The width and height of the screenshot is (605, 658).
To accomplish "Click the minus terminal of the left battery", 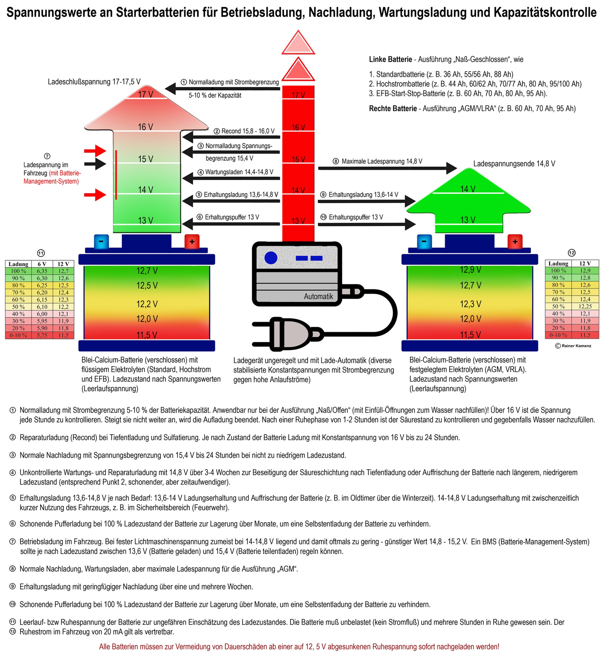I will pos(101,242).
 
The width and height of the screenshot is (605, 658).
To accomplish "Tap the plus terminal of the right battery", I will pos(515,242).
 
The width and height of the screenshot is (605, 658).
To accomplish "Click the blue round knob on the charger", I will pos(271,258).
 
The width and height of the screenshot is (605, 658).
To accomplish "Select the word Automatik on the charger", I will pos(318,296).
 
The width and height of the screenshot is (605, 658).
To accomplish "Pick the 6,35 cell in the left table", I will pos(42,271).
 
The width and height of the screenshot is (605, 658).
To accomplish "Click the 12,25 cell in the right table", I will pos(585,306).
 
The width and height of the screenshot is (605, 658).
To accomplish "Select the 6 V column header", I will pos(42,264).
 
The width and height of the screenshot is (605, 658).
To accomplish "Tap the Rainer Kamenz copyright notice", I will pos(573,346).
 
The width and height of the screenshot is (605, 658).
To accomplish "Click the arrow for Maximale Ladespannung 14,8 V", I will pos(386,168).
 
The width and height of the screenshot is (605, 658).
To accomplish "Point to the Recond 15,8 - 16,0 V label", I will pos(244,131).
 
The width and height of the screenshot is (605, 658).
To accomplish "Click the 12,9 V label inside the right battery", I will pos(470,270).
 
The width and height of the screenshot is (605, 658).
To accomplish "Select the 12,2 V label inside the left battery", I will pos(147,304).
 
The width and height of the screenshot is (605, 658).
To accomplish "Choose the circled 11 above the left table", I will pos(41,253).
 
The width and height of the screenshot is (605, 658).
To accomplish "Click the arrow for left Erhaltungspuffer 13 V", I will pos(231,224).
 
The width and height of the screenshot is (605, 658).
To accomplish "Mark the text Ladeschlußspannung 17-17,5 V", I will pos(94,82).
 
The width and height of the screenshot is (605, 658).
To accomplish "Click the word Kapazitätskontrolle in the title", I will pos(545,13).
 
